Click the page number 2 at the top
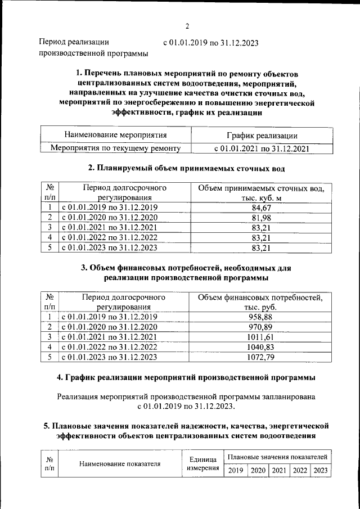[x=187, y=26]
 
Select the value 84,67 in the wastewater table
[x=262, y=208]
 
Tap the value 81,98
[x=262, y=218]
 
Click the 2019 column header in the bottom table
[x=236, y=470]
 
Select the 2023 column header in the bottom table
[x=321, y=470]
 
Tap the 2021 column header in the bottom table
[x=279, y=470]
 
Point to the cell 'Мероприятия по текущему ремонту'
[x=115, y=148]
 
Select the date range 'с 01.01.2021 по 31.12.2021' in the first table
[x=262, y=148]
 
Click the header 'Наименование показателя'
[x=120, y=464]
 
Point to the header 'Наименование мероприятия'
[x=115, y=136]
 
